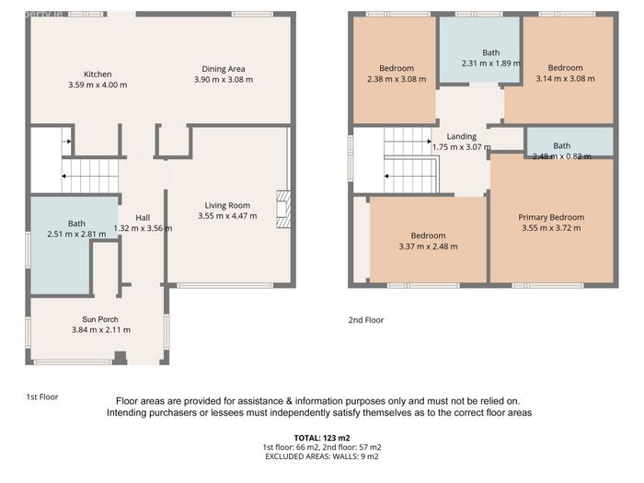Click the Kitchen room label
pyautogui.click(x=98, y=75)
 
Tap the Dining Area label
pyautogui.click(x=224, y=69)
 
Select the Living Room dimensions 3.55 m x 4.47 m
pyautogui.click(x=227, y=216)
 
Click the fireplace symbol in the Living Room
pyautogui.click(x=283, y=209)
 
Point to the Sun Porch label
pyautogui.click(x=100, y=319)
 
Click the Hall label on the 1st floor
pyautogui.click(x=143, y=218)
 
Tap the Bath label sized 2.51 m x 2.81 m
pyautogui.click(x=76, y=224)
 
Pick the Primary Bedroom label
pyautogui.click(x=551, y=217)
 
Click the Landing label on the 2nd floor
pyautogui.click(x=462, y=136)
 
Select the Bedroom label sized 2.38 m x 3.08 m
pyautogui.click(x=397, y=68)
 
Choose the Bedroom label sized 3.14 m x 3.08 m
pyautogui.click(x=565, y=68)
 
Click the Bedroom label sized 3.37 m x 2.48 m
pyautogui.click(x=428, y=236)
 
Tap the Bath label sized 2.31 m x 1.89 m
pyautogui.click(x=490, y=52)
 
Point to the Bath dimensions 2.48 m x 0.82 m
pyautogui.click(x=562, y=156)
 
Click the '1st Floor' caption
pyautogui.click(x=42, y=397)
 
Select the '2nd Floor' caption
pyautogui.click(x=366, y=320)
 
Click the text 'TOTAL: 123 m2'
pyautogui.click(x=322, y=438)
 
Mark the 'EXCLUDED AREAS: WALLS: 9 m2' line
pyautogui.click(x=322, y=456)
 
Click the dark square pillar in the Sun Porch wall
pyautogui.click(x=120, y=357)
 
